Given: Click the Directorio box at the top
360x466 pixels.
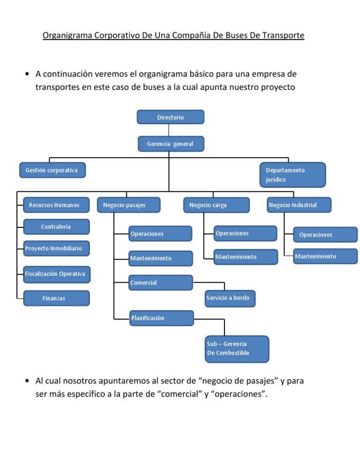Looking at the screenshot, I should pos(171,117).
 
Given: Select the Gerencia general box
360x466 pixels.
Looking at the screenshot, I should pos(171,144).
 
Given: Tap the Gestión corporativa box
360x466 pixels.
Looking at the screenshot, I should pos(52,170).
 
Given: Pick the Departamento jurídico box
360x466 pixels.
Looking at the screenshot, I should pos(292,174).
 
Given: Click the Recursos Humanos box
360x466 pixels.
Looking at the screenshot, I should pos(56,205).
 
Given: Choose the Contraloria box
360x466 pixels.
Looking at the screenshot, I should pos(56,227).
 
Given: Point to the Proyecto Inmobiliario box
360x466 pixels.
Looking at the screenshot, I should pos(56,248).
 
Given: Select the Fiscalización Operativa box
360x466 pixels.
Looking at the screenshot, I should pos(56,274).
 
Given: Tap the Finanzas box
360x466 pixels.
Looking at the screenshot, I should pos(56,298).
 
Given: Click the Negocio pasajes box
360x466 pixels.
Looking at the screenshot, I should pos(128,205).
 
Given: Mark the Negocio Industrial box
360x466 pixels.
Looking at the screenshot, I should pos(299,205).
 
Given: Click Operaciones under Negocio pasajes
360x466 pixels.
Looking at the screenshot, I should pos(160,233).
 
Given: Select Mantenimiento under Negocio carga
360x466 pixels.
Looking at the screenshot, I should pos(245,257).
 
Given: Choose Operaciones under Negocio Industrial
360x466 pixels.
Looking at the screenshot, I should pos(325,234).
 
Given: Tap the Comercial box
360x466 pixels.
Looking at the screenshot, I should pos(160,283).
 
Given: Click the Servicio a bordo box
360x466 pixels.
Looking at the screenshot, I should pos(230,298).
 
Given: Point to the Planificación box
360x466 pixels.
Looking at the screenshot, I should pos(161,318).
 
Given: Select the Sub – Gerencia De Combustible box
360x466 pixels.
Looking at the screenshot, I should pos(237,349).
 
